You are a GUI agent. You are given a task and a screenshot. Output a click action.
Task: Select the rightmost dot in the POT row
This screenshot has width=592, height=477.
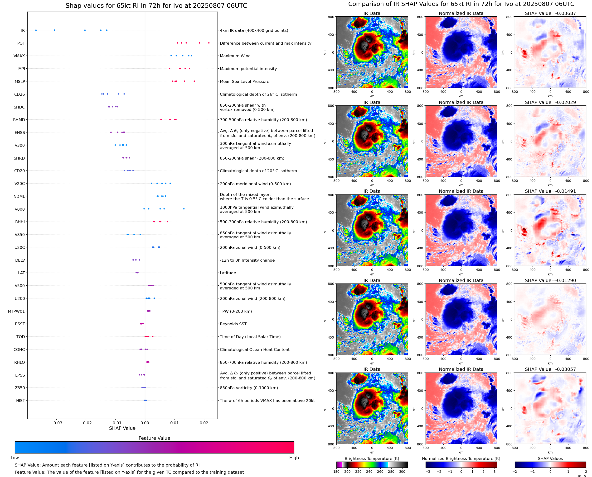[209, 43]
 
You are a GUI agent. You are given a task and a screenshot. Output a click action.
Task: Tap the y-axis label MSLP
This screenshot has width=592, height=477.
[20, 82]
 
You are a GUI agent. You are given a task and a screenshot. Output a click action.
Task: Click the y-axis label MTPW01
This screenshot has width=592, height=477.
[16, 311]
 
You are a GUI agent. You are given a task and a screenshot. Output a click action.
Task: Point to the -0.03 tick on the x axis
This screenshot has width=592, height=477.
[56, 423]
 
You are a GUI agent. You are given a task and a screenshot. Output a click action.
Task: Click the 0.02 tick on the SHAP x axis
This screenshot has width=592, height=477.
[204, 423]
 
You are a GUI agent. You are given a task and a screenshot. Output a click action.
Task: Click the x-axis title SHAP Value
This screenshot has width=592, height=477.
[122, 428]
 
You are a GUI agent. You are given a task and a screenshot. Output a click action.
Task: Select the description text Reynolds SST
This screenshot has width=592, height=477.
[233, 324]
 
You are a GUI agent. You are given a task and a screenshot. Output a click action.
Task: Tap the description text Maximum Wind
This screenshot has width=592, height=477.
[235, 56]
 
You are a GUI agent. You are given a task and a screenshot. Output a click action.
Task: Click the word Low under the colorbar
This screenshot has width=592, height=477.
[15, 458]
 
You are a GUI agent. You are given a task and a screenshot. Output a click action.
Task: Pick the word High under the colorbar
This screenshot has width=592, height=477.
[294, 458]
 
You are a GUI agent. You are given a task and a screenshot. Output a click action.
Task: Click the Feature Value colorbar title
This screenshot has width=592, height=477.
[154, 438]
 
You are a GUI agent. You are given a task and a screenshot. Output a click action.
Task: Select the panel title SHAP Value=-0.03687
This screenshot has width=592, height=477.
[550, 13]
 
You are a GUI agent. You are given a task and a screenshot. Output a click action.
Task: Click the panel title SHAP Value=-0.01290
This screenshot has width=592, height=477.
[550, 281]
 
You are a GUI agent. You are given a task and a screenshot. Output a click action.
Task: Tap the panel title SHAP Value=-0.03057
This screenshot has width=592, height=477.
[550, 369]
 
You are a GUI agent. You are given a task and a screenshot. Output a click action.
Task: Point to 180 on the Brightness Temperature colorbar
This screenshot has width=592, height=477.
[336, 472]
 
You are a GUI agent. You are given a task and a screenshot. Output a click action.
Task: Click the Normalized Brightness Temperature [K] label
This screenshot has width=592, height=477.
[461, 458]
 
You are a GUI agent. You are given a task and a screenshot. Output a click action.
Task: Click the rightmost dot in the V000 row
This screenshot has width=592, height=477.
[184, 209]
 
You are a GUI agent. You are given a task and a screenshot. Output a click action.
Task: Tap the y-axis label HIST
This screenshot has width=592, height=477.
[20, 401]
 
